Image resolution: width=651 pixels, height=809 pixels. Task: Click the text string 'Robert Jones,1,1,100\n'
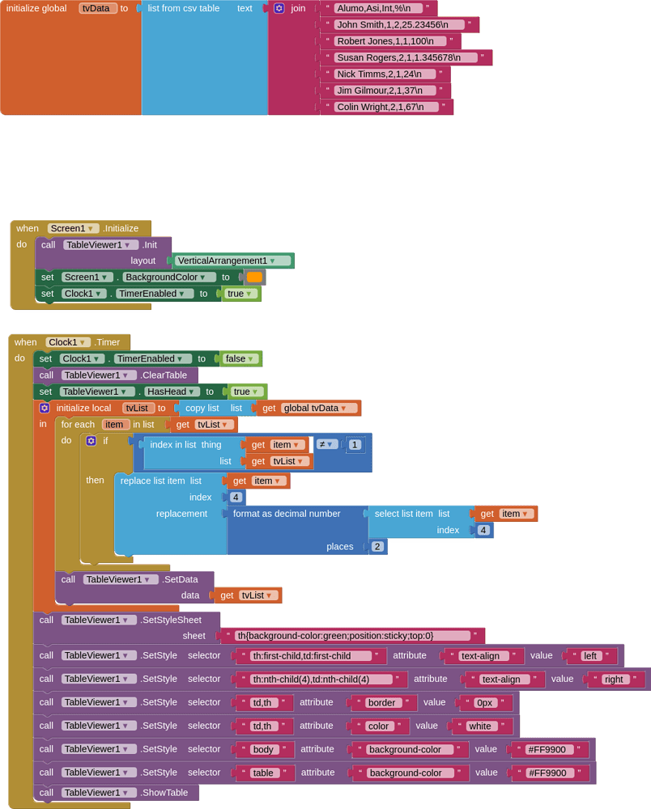(x=385, y=41)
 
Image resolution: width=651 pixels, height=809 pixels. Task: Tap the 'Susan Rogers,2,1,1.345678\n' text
(x=399, y=57)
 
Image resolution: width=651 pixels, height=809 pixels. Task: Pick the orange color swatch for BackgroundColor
(x=254, y=277)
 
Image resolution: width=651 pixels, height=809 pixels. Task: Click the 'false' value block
(x=240, y=358)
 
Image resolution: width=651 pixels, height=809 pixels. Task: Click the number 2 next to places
(x=377, y=546)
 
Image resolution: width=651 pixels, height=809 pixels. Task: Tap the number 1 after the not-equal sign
(x=354, y=444)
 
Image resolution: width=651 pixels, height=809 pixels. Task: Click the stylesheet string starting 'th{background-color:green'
(x=352, y=636)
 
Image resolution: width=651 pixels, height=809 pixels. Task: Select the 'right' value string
(x=615, y=680)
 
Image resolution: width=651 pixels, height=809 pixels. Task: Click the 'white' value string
(x=480, y=726)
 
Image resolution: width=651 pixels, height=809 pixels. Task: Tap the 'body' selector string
(x=263, y=749)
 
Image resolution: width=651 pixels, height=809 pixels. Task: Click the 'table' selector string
(x=263, y=773)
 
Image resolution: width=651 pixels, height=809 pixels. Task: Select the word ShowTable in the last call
(x=165, y=793)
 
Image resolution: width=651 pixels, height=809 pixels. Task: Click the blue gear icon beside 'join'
(x=279, y=8)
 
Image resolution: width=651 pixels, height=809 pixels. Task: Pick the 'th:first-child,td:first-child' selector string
(x=308, y=656)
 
